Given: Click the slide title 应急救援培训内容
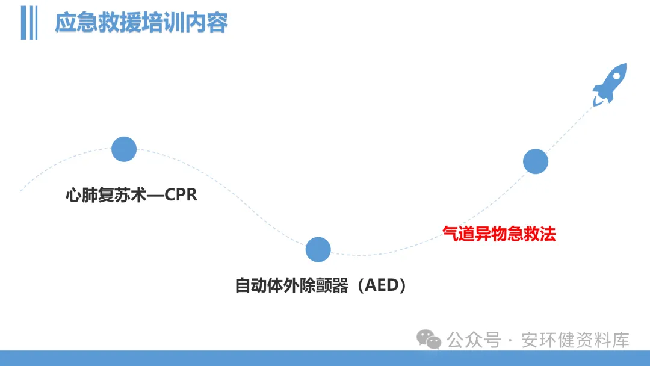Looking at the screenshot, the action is click(x=141, y=23).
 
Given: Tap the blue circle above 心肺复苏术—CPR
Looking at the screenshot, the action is click(x=124, y=149).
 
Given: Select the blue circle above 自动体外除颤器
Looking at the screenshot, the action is click(x=318, y=249).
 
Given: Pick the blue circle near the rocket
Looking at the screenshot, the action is click(x=535, y=161).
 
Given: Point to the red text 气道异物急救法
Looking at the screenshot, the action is click(x=499, y=234).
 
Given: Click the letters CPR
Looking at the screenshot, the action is click(x=181, y=196).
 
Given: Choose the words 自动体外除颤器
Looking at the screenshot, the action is click(x=291, y=285).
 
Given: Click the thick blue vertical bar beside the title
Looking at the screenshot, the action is click(x=25, y=23).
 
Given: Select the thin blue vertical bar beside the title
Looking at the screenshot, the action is click(x=35, y=23).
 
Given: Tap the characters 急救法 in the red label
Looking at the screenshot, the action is click(x=531, y=234).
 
